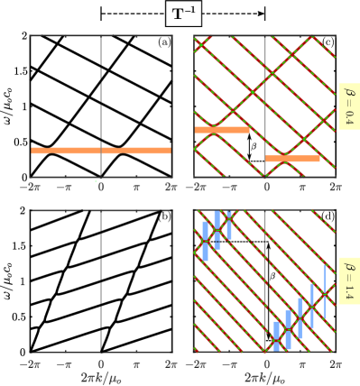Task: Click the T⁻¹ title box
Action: [x=183, y=14]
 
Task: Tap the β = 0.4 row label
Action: [x=348, y=106]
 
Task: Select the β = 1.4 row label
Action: [x=348, y=280]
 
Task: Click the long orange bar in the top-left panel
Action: [x=101, y=151]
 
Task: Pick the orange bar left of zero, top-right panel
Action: [x=222, y=130]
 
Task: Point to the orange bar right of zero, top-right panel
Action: [x=292, y=159]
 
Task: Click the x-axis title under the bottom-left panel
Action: [x=101, y=377]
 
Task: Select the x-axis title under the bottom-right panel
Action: [x=264, y=377]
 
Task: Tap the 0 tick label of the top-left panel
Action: [x=101, y=187]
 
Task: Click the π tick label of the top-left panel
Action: [x=136, y=187]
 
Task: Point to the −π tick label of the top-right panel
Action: [x=229, y=187]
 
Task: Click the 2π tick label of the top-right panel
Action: [x=335, y=187]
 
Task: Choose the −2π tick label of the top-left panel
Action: [x=31, y=187]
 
